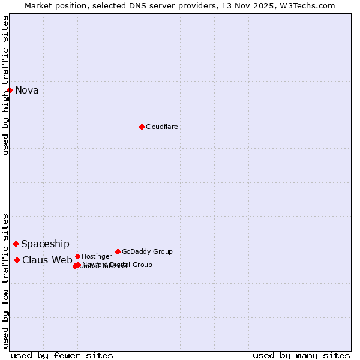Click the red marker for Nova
[x=10, y=90]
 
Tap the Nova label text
[x=27, y=91]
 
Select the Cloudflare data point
[x=142, y=127]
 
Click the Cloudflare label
[x=162, y=127]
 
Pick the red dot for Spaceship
[x=16, y=244]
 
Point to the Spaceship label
[x=45, y=244]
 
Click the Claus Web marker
[x=17, y=260]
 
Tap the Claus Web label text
[x=47, y=260]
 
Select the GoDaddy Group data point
[x=118, y=251]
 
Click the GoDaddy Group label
[x=147, y=252]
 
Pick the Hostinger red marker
[x=77, y=256]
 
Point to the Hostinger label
[x=97, y=257]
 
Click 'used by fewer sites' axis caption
[x=62, y=355]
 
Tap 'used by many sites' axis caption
[x=301, y=355]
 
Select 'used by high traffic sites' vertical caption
[x=5, y=85]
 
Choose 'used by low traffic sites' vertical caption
[x=5, y=280]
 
